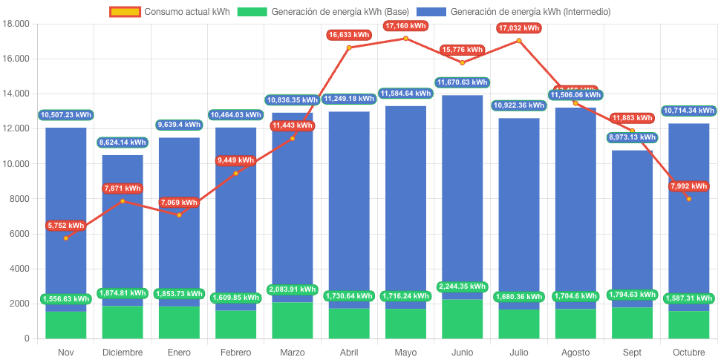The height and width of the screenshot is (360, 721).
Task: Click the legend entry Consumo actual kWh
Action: tap(170, 12)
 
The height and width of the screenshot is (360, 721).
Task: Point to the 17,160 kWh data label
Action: tap(405, 26)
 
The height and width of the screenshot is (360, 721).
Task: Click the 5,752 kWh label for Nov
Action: tap(65, 226)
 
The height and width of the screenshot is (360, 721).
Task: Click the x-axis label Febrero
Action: tap(236, 352)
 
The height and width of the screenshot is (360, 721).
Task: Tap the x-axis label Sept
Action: tap(632, 352)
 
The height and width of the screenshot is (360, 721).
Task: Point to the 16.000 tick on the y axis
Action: tap(16, 59)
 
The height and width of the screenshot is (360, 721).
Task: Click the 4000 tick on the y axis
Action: tap(19, 269)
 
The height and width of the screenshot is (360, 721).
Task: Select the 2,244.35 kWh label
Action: tap(462, 287)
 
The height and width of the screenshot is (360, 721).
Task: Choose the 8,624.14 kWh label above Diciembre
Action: tap(123, 142)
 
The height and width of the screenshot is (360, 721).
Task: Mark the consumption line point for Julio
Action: tap(518, 41)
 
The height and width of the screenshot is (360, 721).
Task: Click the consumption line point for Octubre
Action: tap(688, 199)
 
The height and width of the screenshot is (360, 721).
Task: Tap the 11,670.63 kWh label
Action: tap(462, 82)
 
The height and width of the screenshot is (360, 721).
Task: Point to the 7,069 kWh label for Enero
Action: tap(179, 202)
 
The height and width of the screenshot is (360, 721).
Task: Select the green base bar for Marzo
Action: tap(293, 321)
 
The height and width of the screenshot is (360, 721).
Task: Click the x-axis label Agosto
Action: tap(575, 352)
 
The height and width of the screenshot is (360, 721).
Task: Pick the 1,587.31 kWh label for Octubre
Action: tap(688, 298)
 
